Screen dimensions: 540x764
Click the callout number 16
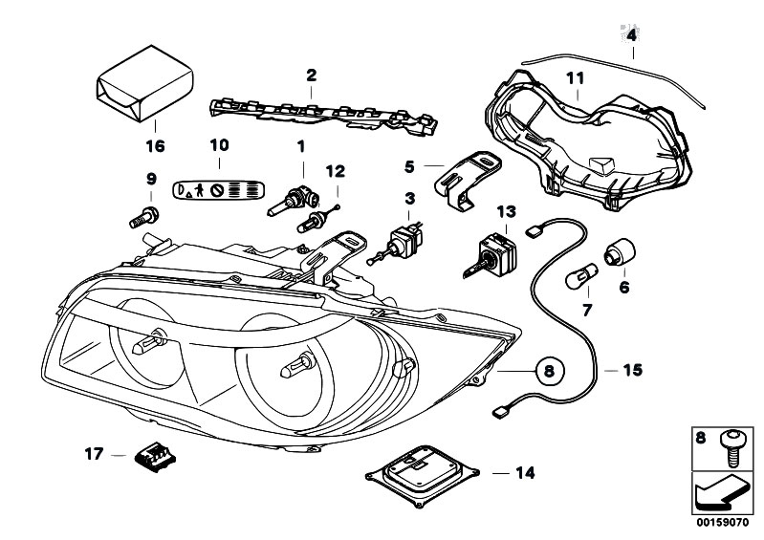coord(155,146)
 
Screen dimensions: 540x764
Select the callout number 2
coord(310,74)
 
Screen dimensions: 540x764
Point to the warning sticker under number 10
coord(220,188)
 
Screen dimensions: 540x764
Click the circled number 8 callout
coord(549,368)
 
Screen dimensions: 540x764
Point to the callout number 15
coord(633,369)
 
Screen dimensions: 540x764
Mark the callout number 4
coord(631,35)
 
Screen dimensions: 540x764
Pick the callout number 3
coord(409,198)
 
